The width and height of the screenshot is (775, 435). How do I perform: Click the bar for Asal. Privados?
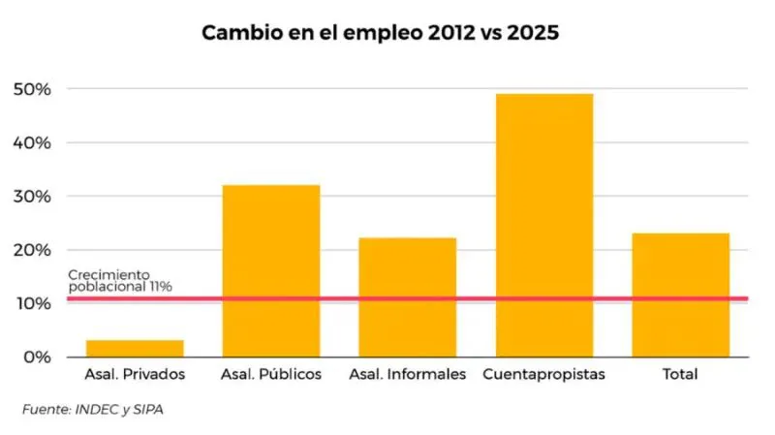[135, 348]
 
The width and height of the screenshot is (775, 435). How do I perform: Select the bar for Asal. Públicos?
[271, 270]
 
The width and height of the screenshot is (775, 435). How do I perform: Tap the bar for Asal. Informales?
[408, 296]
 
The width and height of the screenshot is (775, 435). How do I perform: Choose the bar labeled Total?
[681, 295]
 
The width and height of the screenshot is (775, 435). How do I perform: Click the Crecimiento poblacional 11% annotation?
[120, 281]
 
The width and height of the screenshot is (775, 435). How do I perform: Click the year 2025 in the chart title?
[531, 33]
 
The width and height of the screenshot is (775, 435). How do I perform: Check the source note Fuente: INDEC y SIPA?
[93, 410]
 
